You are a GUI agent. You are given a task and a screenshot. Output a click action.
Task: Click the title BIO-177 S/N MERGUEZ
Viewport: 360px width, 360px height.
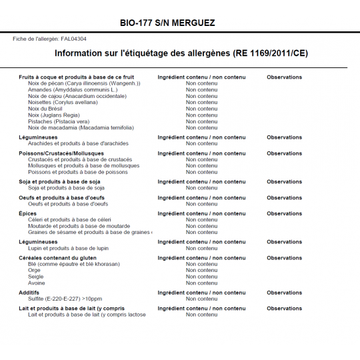pos(167,23)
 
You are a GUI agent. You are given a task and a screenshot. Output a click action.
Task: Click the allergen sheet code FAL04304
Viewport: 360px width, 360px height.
pos(74,39)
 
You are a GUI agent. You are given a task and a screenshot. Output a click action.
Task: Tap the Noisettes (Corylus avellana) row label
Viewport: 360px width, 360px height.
pos(63,102)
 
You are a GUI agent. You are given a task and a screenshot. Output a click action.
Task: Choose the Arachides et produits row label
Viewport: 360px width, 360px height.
pos(78,143)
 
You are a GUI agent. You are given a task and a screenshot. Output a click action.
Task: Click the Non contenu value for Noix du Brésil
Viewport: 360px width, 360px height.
pos(201,109)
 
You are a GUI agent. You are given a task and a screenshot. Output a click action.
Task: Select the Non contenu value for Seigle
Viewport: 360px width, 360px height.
pos(201,277)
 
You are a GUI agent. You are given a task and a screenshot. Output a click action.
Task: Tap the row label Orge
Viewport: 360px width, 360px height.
pos(35,270)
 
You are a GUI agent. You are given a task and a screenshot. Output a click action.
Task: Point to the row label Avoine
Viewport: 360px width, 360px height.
pos(37,283)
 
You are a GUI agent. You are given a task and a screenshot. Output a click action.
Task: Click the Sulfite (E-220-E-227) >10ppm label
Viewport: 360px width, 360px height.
pos(65,299)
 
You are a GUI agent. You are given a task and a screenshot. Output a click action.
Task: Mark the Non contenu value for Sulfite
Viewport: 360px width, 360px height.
pos(201,299)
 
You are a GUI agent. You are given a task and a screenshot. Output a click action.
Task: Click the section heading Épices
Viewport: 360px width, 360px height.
pos(28,213)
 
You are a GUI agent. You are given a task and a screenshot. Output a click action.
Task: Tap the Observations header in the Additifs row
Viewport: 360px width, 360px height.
pos(284,293)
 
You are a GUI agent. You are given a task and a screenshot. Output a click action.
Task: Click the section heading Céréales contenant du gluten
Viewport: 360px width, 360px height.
pos(57,258)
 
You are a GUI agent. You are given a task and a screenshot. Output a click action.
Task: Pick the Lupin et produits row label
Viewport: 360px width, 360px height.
pos(68,248)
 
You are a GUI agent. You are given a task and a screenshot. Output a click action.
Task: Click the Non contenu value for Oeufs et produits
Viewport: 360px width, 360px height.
pos(201,204)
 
